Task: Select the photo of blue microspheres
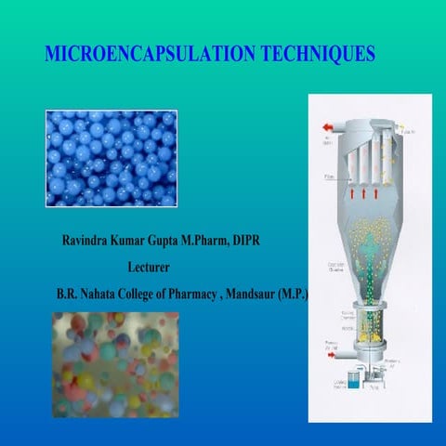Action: (x=111, y=157)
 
